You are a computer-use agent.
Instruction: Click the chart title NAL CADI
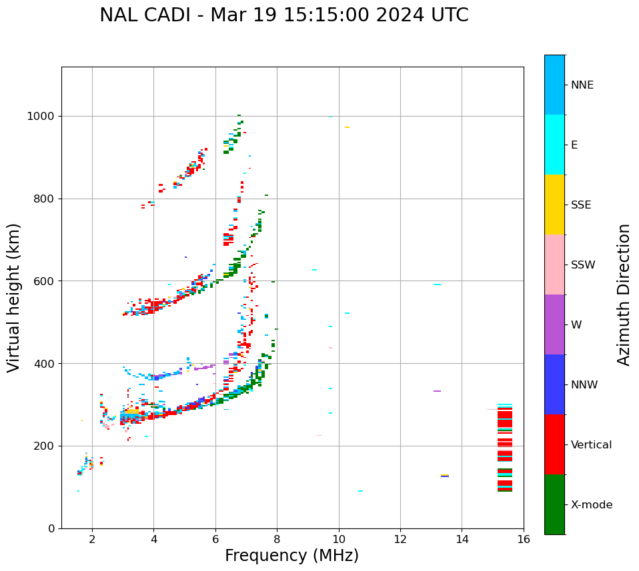[x=283, y=15]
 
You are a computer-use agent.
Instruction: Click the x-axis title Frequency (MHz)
[x=291, y=556]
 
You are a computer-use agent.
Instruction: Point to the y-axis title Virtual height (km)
[x=14, y=297]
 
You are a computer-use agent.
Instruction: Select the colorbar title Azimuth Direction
[x=624, y=294]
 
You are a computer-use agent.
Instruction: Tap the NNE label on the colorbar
[x=582, y=85]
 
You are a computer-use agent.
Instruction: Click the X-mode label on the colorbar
[x=591, y=505]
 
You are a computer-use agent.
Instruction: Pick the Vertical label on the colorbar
[x=591, y=445]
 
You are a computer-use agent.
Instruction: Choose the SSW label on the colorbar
[x=583, y=265]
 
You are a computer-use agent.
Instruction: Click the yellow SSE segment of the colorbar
[x=554, y=205]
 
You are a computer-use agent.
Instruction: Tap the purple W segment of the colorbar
[x=554, y=324]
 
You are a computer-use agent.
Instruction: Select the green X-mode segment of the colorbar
[x=554, y=504]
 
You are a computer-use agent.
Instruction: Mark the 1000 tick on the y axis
[x=43, y=117]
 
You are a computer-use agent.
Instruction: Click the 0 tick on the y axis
[x=52, y=528]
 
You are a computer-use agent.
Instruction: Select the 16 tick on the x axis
[x=523, y=539]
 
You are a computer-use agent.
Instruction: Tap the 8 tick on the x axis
[x=277, y=539]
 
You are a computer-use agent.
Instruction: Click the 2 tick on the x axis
[x=92, y=539]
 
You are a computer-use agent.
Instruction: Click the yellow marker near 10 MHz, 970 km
[x=347, y=127]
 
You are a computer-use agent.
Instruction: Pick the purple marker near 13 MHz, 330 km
[x=437, y=391]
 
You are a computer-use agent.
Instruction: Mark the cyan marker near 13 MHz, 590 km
[x=437, y=285]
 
